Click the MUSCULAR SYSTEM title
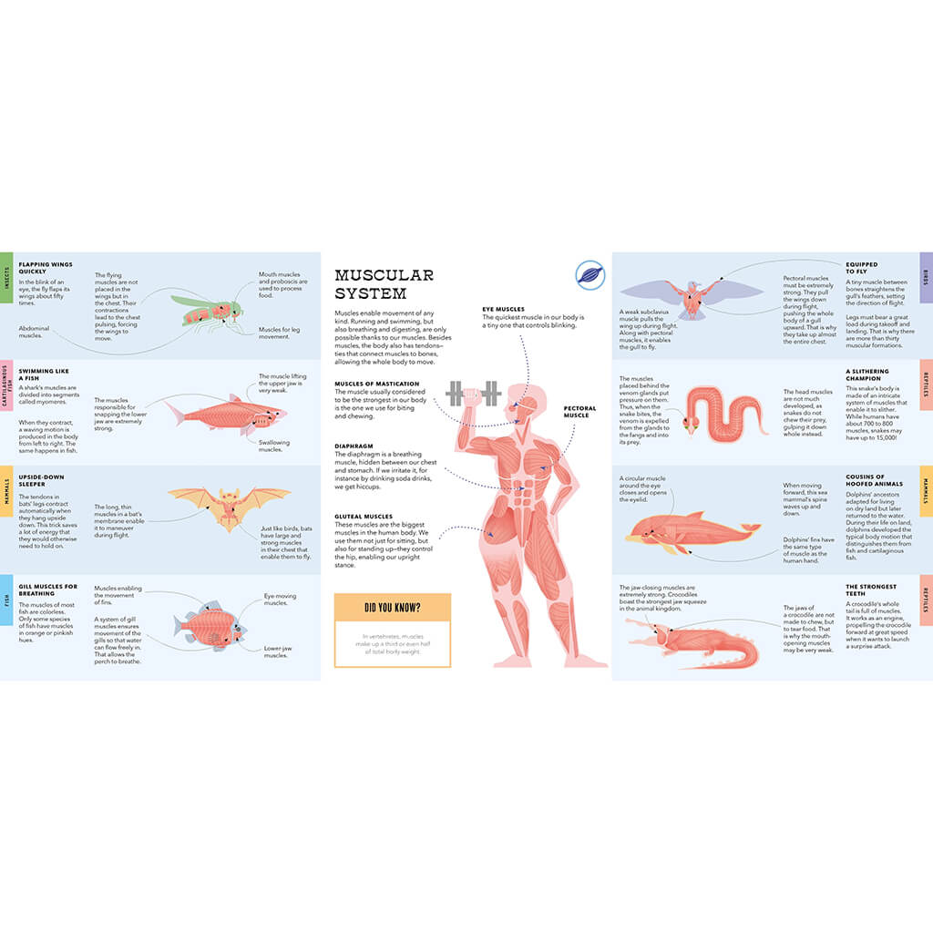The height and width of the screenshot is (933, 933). coord(384,284)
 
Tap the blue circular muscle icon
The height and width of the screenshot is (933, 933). coord(590,274)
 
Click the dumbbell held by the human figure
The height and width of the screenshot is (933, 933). coord(473,394)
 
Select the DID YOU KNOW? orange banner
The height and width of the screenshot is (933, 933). coord(392,607)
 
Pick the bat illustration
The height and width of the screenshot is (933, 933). coord(229,505)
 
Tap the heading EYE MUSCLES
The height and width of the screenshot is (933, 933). coord(503,309)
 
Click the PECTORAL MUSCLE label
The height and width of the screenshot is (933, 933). coord(579,412)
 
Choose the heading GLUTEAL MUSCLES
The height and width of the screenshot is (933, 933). coord(364,516)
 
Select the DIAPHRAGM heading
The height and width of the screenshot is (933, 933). coord(353,446)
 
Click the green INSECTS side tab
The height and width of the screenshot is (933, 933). coord(5,277)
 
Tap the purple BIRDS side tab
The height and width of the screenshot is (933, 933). coord(926,277)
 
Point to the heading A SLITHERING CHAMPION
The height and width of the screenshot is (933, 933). coord(867,375)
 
